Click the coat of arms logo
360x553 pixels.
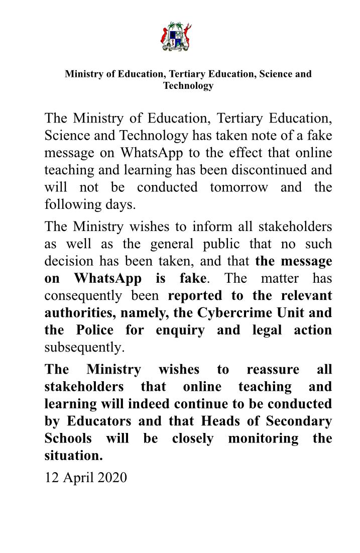(x=180, y=36)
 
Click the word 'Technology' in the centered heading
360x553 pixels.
(x=188, y=85)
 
